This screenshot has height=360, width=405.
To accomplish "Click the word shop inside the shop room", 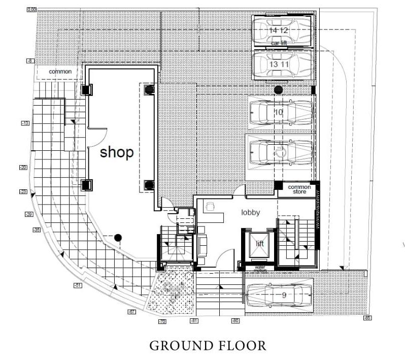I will [x=116, y=152].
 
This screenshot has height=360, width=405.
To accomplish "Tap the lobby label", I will [x=251, y=212].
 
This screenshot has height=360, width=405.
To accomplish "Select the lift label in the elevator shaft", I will [x=260, y=244].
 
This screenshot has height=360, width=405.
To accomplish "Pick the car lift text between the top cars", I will [x=279, y=43].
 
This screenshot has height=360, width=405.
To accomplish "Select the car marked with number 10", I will [x=279, y=112].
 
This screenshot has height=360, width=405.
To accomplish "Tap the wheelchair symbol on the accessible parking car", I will [x=279, y=151].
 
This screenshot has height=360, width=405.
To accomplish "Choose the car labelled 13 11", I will [x=283, y=64].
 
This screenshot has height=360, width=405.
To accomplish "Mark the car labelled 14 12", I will [x=283, y=30].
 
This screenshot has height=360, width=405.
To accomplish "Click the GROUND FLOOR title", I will [x=207, y=346].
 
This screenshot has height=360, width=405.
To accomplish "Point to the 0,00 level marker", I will [x=31, y=10].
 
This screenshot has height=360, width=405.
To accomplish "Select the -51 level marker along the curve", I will [x=78, y=286].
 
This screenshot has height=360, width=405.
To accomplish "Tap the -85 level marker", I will [x=367, y=318].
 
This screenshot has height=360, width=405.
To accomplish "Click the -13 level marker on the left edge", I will [x=25, y=123].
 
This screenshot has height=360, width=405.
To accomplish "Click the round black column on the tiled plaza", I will [x=118, y=237].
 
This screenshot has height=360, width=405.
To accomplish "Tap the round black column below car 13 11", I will [x=278, y=89].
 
